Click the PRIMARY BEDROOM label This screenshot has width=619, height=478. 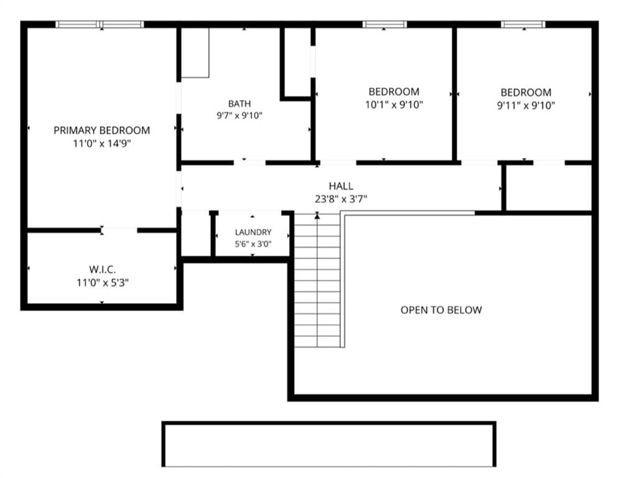(102, 130)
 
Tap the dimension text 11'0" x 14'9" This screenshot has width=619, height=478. (102, 143)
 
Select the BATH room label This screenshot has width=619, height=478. (240, 103)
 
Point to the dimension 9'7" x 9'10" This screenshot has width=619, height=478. (240, 115)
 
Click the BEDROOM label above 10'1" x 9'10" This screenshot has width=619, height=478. (394, 91)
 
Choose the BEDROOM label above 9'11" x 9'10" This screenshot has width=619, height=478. (526, 93)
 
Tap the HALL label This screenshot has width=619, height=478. (341, 186)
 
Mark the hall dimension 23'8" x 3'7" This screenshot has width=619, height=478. (341, 199)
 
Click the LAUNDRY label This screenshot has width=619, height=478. (253, 232)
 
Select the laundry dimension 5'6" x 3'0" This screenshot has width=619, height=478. (253, 244)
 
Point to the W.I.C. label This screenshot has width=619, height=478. (102, 270)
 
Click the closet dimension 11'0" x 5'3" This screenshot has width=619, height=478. (103, 283)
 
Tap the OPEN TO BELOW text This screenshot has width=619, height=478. (441, 310)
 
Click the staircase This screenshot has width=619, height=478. (317, 281)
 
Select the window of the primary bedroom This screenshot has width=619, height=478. (100, 24)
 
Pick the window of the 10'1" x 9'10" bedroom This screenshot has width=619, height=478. (384, 24)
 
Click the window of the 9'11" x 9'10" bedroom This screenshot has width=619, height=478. (523, 24)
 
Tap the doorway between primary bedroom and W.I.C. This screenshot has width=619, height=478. (119, 230)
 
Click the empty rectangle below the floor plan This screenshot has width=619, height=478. (329, 444)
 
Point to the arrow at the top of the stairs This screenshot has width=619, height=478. (317, 216)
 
